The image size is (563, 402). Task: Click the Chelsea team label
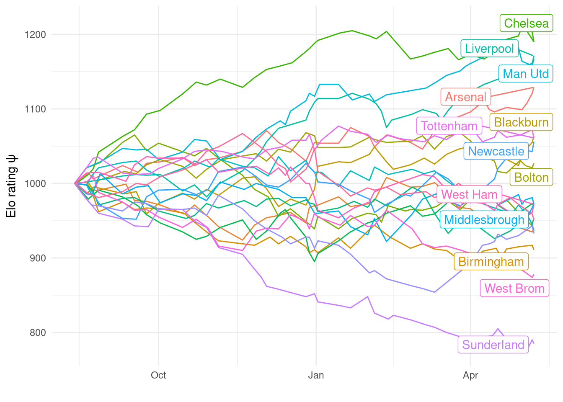526,23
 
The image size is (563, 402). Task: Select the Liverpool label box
489,49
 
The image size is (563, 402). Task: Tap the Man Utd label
526,74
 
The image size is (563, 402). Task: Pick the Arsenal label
465,97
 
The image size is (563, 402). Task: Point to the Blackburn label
521,122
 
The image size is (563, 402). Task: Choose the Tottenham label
449,126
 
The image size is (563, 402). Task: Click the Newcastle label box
496,151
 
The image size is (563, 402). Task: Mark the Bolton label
531,178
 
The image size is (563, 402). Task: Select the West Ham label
469,195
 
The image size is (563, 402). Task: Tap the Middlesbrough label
484,220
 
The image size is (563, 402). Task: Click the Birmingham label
491,262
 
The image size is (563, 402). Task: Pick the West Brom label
514,289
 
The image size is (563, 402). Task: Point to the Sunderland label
493,345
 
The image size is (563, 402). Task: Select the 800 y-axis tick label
37,333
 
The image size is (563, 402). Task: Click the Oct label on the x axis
158,375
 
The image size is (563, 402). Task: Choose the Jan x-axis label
316,375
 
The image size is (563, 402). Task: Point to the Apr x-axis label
470,375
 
